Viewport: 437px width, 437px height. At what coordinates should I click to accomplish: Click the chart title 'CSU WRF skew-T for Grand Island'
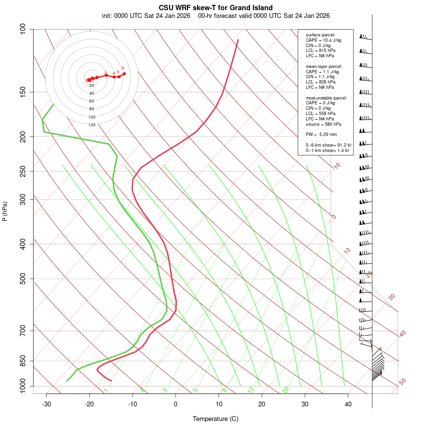(x=216, y=8)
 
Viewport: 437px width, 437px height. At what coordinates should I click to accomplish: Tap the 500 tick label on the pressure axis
(x=23, y=279)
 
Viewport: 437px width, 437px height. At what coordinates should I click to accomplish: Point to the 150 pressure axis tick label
(x=23, y=92)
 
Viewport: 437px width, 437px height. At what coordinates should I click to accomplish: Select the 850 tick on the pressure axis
(x=23, y=361)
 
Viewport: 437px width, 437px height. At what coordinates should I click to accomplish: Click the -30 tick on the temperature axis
(x=47, y=404)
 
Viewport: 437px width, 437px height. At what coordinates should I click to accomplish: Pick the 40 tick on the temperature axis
(x=348, y=404)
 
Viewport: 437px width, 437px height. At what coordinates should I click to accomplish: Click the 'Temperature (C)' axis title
(x=216, y=419)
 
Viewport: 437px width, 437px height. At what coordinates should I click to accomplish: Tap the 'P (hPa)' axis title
(x=5, y=211)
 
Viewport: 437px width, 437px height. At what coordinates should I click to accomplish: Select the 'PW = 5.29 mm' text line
(x=321, y=134)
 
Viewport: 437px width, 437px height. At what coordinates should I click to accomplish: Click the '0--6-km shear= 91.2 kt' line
(x=328, y=145)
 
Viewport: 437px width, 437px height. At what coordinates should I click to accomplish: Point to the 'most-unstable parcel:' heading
(x=326, y=98)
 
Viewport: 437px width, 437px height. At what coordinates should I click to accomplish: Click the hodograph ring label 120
(x=92, y=125)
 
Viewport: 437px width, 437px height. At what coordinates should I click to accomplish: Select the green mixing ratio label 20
(x=286, y=389)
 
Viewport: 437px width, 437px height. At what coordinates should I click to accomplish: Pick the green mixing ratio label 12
(x=251, y=389)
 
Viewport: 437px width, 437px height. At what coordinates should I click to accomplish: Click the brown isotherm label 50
(x=402, y=382)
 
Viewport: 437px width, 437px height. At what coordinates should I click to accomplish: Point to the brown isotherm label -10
(x=336, y=167)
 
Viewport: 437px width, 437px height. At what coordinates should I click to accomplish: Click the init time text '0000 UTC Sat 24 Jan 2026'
(x=152, y=16)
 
